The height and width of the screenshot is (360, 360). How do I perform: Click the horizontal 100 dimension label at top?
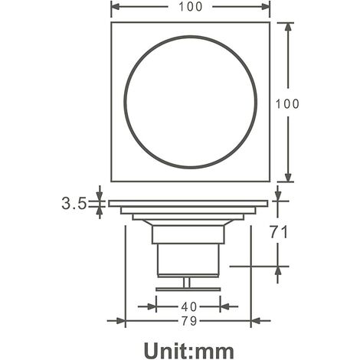(191, 7)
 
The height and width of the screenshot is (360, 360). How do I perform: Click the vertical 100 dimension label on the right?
(287, 104)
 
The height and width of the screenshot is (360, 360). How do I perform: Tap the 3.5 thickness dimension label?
(74, 204)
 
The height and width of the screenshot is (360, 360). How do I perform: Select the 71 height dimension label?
(279, 232)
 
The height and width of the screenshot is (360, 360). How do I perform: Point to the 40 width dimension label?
(189, 306)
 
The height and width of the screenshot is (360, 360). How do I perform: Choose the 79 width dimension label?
(189, 321)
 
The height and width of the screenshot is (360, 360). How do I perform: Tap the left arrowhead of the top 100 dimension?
(116, 7)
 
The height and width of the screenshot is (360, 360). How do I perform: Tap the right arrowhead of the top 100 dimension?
(266, 7)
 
